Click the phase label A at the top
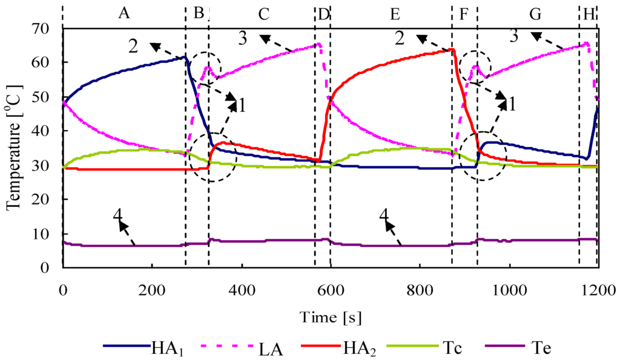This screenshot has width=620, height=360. pyautogui.click(x=124, y=14)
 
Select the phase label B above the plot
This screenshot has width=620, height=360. pyautogui.click(x=198, y=14)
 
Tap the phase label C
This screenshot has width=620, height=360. pyautogui.click(x=263, y=14)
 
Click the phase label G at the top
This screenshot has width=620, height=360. pyautogui.click(x=535, y=14)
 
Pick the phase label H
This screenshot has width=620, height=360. pyautogui.click(x=589, y=14)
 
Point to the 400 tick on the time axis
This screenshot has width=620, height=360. pyautogui.click(x=241, y=290)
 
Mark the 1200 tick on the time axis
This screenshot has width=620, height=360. pyautogui.click(x=598, y=290)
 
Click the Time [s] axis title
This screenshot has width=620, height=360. pyautogui.click(x=330, y=316)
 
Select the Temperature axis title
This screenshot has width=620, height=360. pyautogui.click(x=13, y=147)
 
